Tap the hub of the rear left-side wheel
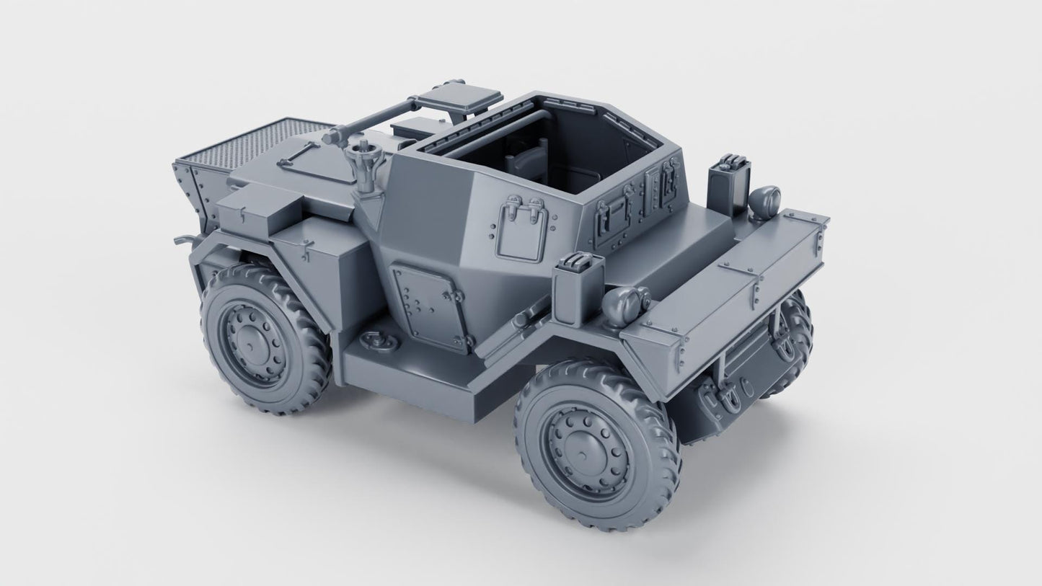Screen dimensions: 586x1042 coord(250,340)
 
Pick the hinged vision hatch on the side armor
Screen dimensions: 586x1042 coord(522,232)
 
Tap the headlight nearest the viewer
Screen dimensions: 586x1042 coord(625,301)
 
